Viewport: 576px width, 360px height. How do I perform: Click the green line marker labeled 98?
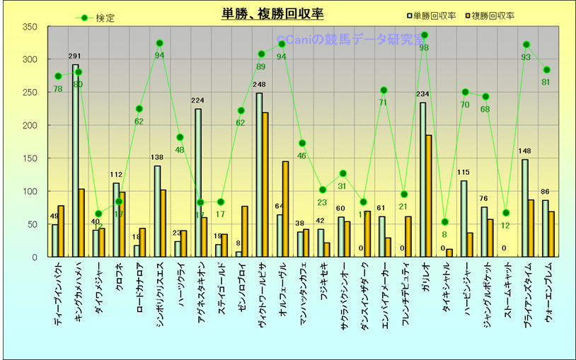click(x=425, y=35)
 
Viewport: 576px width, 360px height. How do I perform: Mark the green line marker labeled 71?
click(x=384, y=90)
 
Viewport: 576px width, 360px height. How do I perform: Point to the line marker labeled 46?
click(x=302, y=144)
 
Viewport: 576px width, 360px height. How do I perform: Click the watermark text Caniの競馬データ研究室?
click(x=347, y=42)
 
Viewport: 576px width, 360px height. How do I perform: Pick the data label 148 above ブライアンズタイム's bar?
click(x=524, y=151)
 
